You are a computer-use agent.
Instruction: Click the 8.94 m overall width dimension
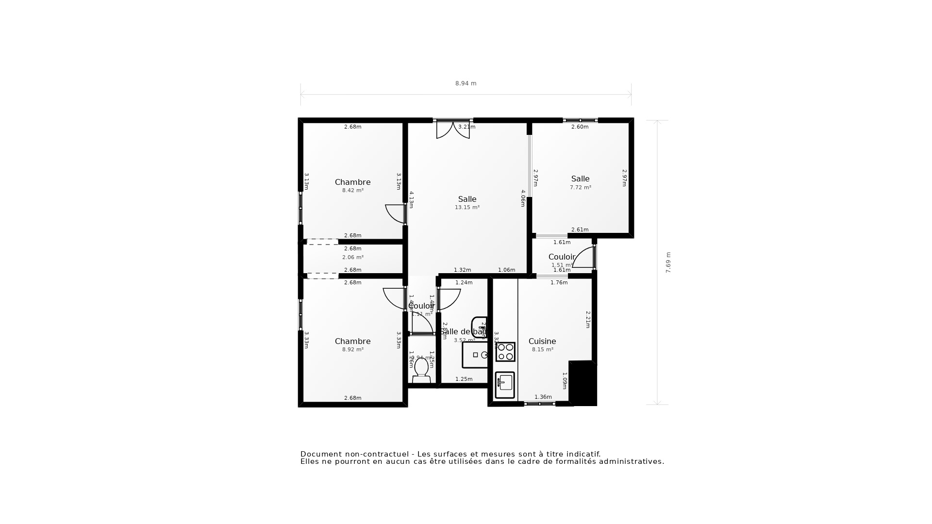pyautogui.click(x=466, y=83)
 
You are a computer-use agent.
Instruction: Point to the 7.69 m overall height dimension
pyautogui.click(x=668, y=262)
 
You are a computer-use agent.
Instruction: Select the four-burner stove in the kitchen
pyautogui.click(x=505, y=352)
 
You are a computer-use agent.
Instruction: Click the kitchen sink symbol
pyautogui.click(x=505, y=385)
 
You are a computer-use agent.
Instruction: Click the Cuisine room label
pyautogui.click(x=542, y=341)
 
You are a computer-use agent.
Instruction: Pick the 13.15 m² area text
pyautogui.click(x=467, y=208)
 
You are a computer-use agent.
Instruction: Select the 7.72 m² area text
pyautogui.click(x=580, y=188)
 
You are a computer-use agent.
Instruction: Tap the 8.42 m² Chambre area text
pyautogui.click(x=353, y=191)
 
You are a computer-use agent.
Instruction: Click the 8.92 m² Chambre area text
pyautogui.click(x=353, y=350)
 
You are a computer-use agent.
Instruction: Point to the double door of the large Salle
pyautogui.click(x=453, y=130)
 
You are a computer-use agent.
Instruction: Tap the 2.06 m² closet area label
pyautogui.click(x=353, y=258)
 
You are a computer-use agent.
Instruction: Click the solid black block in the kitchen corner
pyautogui.click(x=582, y=383)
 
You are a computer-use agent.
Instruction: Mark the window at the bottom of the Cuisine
pyautogui.click(x=540, y=404)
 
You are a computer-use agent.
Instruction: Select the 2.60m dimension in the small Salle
pyautogui.click(x=580, y=127)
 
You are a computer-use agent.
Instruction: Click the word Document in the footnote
pyautogui.click(x=321, y=454)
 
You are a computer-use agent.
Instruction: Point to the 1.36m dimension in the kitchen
pyautogui.click(x=543, y=397)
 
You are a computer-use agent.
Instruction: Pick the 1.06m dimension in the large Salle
pyautogui.click(x=506, y=270)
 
